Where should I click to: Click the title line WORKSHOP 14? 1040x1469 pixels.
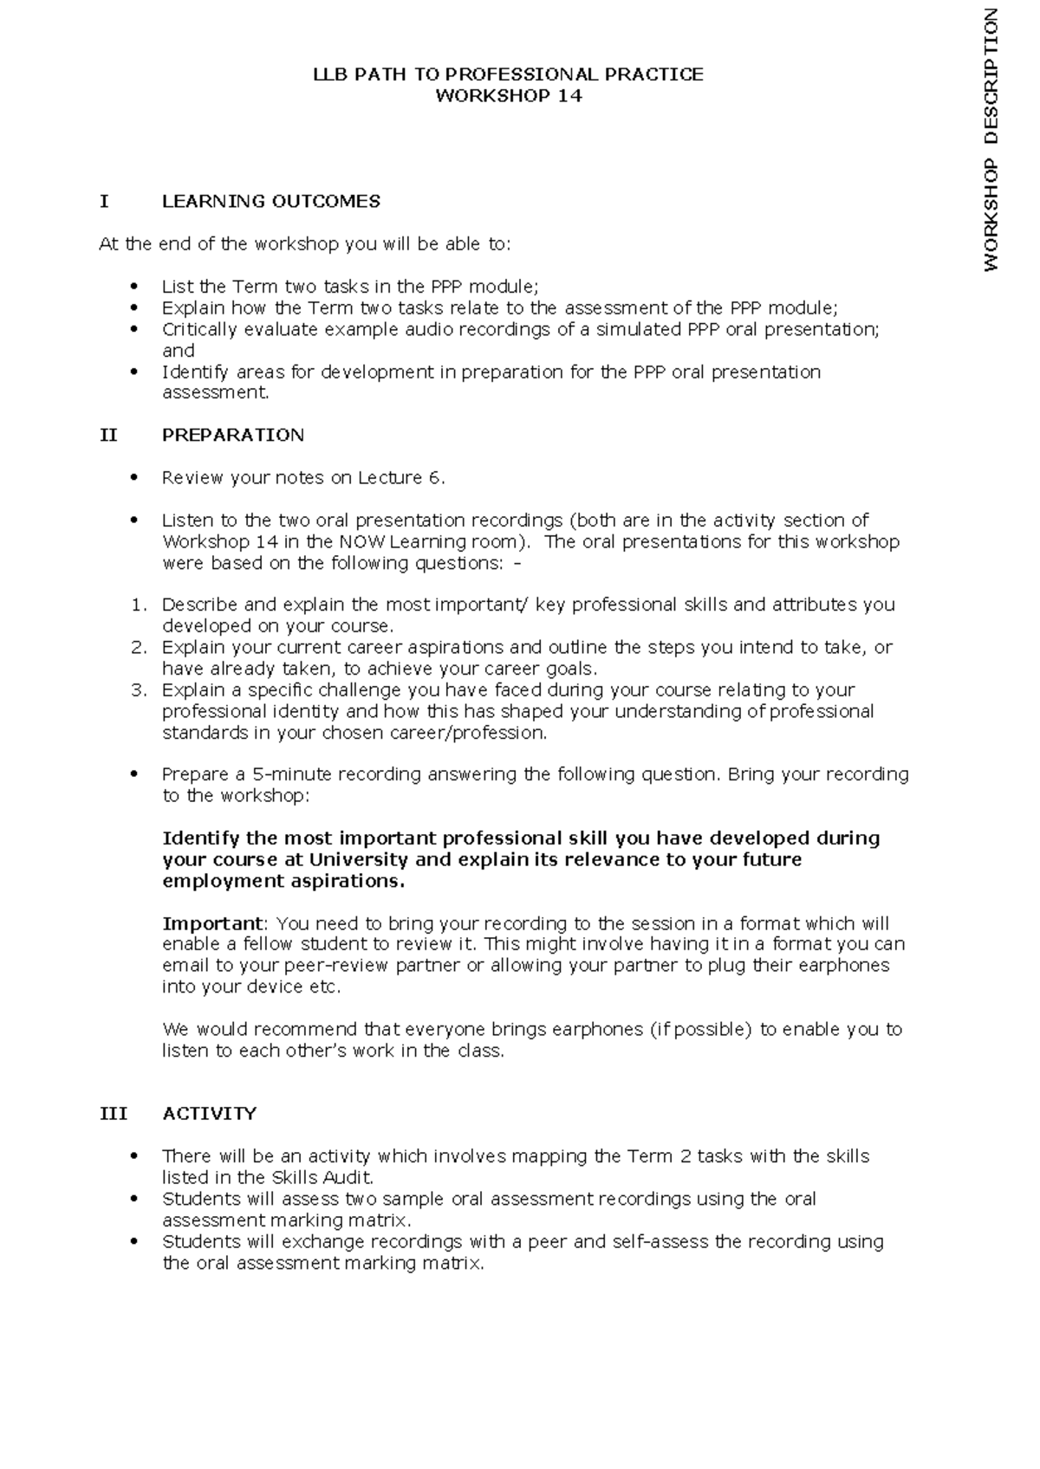(508, 96)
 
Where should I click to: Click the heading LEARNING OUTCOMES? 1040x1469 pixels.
(271, 202)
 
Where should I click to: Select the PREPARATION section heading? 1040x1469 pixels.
(233, 435)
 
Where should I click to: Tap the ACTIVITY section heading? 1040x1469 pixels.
(210, 1114)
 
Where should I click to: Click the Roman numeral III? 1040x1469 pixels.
(113, 1114)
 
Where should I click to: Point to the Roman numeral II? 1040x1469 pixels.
(108, 435)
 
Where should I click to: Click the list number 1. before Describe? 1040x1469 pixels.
(140, 605)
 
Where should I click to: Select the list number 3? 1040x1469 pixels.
(140, 690)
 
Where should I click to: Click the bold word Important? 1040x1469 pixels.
(212, 923)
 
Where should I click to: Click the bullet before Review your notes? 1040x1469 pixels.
(133, 477)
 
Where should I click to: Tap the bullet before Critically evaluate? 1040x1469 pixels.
(133, 329)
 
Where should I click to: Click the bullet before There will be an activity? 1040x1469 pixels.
(133, 1156)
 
